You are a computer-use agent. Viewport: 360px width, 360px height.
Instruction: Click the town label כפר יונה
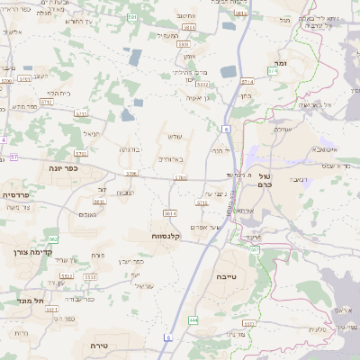(64, 167)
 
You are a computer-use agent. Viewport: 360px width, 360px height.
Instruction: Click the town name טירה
(99, 345)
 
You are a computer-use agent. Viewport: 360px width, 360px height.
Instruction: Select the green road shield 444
(193, 319)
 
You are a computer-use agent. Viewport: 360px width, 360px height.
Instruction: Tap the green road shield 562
(54, 238)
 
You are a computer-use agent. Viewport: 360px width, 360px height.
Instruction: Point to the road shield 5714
(202, 204)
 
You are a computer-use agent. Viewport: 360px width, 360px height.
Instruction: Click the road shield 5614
(170, 213)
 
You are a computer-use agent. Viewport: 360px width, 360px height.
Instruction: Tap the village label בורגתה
(130, 149)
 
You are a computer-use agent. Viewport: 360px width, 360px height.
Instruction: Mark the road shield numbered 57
(14, 157)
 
